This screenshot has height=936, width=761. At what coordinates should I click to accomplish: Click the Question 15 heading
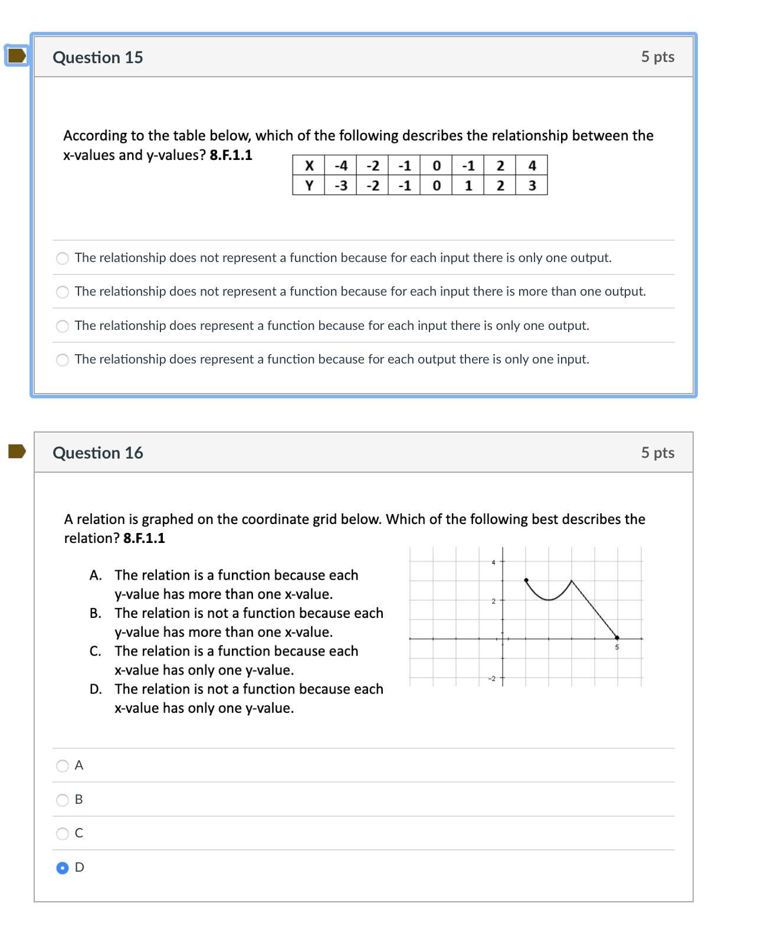[x=97, y=57]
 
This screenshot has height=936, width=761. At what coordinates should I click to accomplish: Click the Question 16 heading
[x=97, y=453]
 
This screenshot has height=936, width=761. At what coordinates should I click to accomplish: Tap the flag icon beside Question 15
[x=17, y=55]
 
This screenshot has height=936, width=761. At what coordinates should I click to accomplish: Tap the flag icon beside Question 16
[x=17, y=451]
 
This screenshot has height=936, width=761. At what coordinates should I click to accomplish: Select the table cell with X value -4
[x=340, y=166]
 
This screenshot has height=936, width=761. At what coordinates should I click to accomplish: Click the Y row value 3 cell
[x=532, y=186]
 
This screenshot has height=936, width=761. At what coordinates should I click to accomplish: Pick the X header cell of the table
[x=309, y=166]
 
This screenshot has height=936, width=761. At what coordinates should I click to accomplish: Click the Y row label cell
[x=309, y=186]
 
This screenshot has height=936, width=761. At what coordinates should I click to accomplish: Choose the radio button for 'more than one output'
[x=63, y=292]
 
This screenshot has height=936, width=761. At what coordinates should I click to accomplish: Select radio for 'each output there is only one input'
[x=63, y=360]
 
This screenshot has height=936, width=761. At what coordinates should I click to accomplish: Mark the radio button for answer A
[x=63, y=766]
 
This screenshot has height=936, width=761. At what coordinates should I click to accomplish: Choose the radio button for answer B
[x=63, y=800]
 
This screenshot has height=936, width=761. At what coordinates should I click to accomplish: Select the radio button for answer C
[x=63, y=834]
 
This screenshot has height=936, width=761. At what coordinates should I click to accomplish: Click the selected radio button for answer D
[x=63, y=868]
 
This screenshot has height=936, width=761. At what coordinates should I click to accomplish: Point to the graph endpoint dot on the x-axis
[x=617, y=638]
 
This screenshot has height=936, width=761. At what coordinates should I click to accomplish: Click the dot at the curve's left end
[x=526, y=580]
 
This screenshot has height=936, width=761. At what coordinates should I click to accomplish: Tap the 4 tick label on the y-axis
[x=493, y=562]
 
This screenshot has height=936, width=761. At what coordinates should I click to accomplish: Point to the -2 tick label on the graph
[x=492, y=678]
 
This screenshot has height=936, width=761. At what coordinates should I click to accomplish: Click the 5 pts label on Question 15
[x=658, y=57]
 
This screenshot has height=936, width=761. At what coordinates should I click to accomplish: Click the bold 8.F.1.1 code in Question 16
[x=144, y=538]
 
